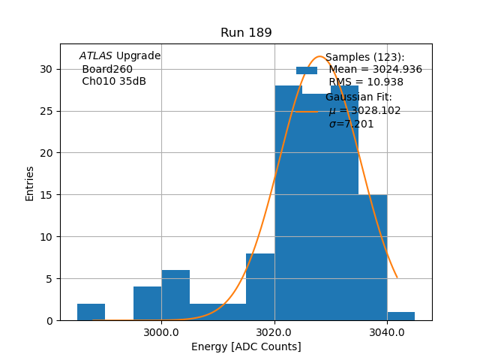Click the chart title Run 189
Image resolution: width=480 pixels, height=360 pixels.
246,33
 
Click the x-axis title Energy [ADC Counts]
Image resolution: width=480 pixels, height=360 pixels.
246,346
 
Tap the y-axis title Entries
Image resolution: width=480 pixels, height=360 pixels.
30,183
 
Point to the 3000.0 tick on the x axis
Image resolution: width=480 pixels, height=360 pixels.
161,331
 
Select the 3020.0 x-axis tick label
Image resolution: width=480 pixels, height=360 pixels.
274,331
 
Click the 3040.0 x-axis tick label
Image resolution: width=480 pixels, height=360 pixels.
387,331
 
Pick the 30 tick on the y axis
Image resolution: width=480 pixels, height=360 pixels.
46,69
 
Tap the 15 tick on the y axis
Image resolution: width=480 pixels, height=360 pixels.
46,195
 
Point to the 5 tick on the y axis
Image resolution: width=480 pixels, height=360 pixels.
49,279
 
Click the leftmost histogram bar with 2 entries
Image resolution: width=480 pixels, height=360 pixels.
91,312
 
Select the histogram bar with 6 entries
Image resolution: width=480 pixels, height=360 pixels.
175,295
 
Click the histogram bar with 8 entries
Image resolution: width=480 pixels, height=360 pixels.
260,287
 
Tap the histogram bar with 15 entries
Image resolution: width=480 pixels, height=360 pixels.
373,257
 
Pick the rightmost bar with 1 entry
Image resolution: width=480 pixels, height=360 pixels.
401,316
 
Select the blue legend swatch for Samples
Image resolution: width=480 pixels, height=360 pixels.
307,70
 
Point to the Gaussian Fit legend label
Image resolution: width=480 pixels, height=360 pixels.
358,97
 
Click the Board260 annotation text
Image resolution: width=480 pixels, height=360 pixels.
107,69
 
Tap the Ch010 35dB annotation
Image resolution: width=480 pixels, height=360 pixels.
114,82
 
